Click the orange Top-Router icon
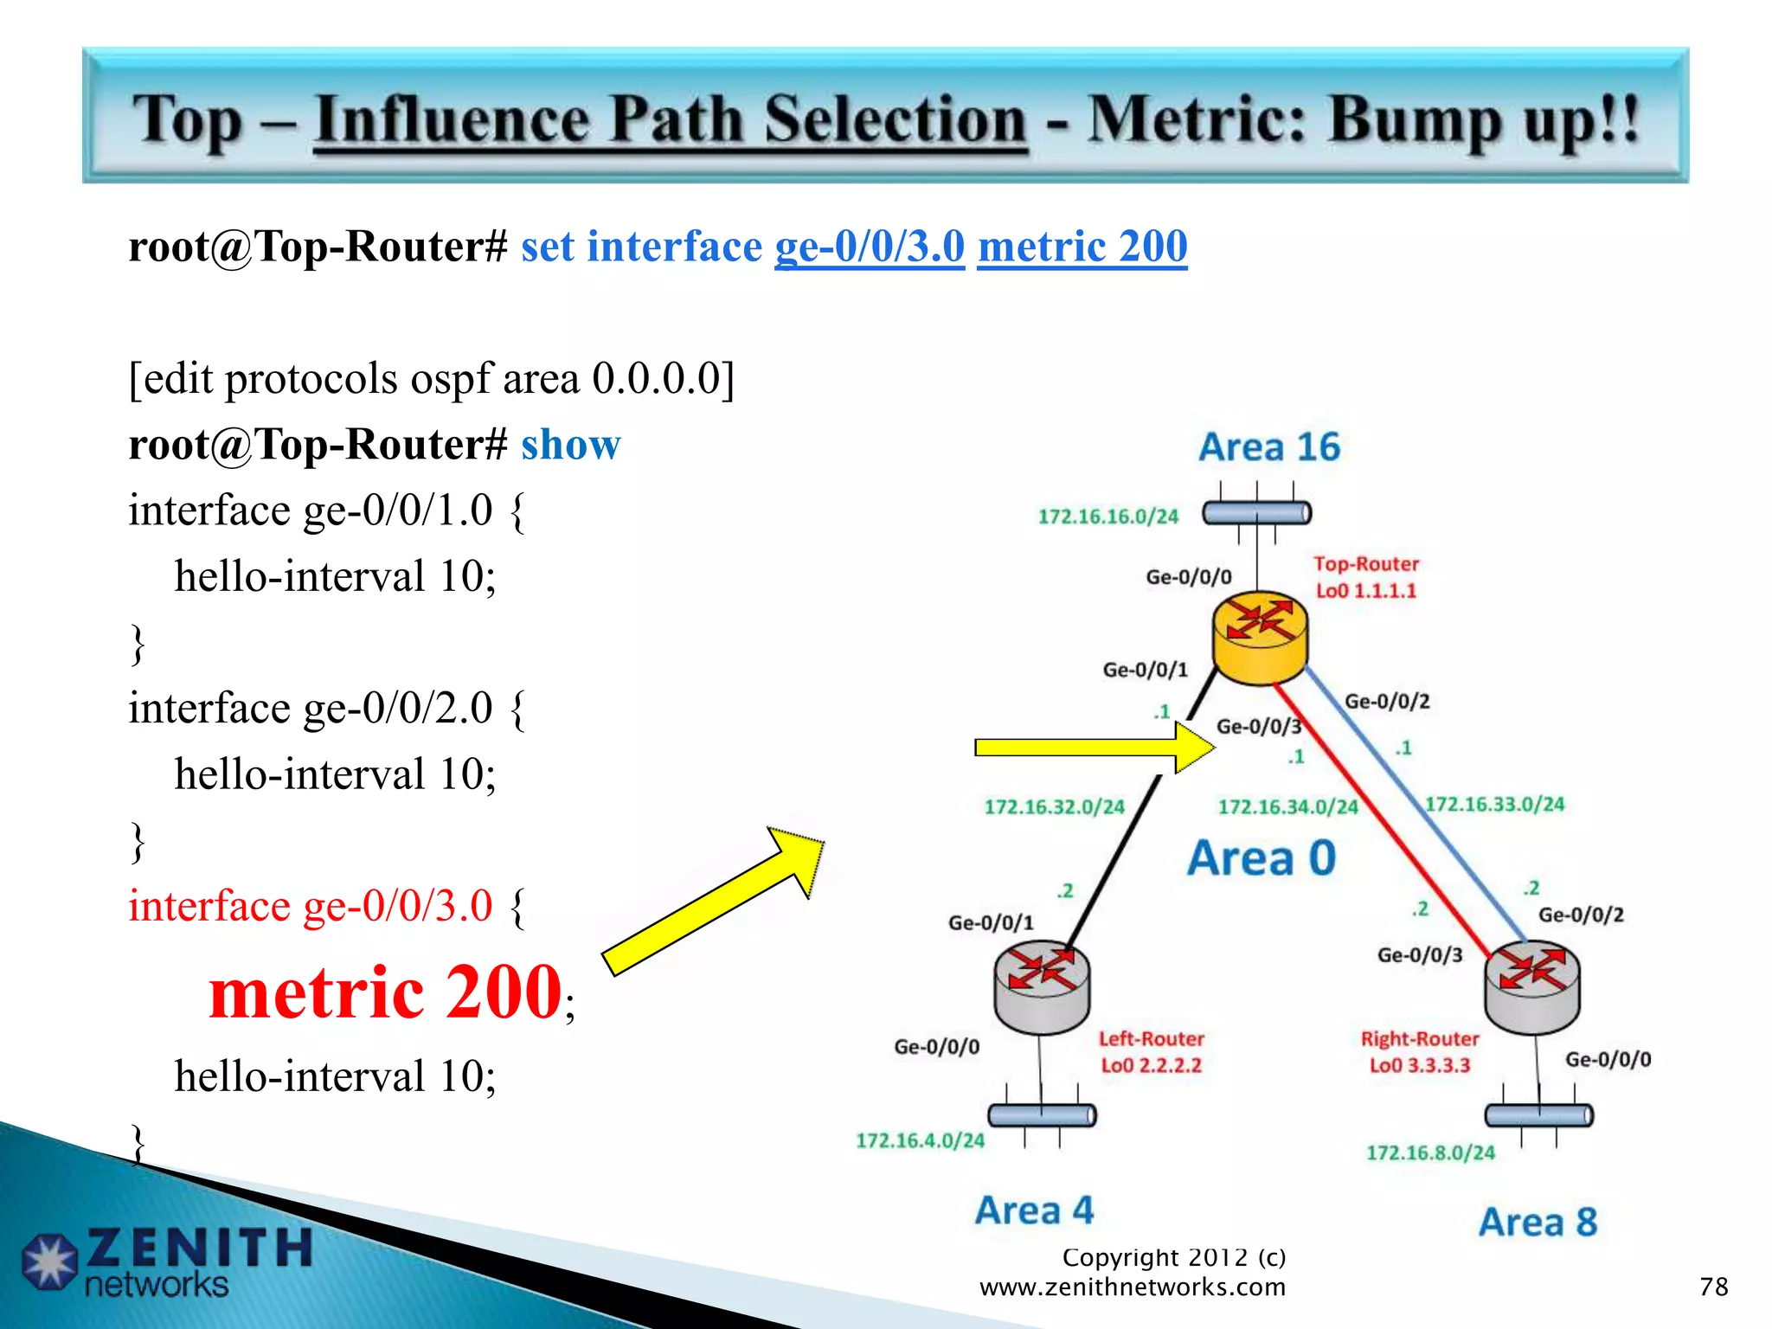pyautogui.click(x=1260, y=637)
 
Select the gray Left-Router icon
pyautogui.click(x=1042, y=986)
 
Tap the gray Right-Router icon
pyautogui.click(x=1532, y=988)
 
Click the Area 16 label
pyautogui.click(x=1268, y=447)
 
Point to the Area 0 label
pyautogui.click(x=1262, y=858)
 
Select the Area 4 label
pyautogui.click(x=1034, y=1210)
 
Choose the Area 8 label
pyautogui.click(x=1538, y=1222)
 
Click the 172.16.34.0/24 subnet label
pyautogui.click(x=1287, y=807)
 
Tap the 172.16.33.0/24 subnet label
pyautogui.click(x=1494, y=804)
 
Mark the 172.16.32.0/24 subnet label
pyautogui.click(x=1054, y=807)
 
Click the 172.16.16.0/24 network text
pyautogui.click(x=1107, y=517)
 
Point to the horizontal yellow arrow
pyautogui.click(x=1092, y=748)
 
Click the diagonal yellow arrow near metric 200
pyautogui.click(x=714, y=900)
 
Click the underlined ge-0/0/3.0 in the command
pyautogui.click(x=869, y=247)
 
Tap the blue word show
pyautogui.click(x=570, y=445)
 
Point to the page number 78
pyautogui.click(x=1712, y=1287)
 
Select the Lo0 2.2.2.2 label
pyautogui.click(x=1151, y=1065)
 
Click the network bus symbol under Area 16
pyautogui.click(x=1256, y=514)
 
